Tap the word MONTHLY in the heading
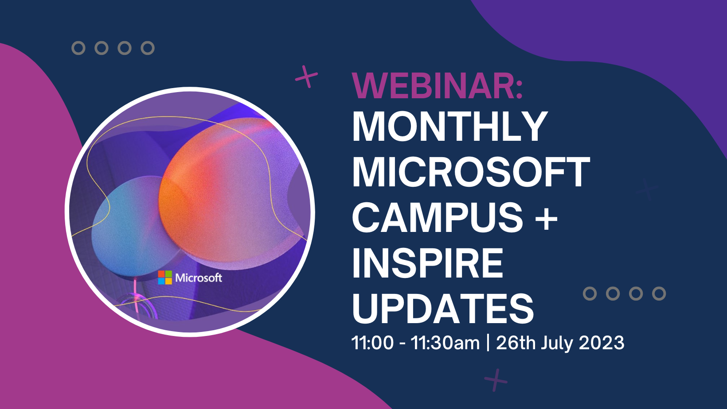tap(450, 127)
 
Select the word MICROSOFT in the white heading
tap(471, 173)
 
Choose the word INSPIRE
tap(427, 263)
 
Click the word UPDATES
tap(443, 309)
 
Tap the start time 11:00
tap(372, 343)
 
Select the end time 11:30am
tap(445, 343)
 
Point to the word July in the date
tap(557, 343)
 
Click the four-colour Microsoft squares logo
tap(165, 278)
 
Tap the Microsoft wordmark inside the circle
tap(199, 278)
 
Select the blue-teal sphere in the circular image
tap(129, 226)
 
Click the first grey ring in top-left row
tap(78, 48)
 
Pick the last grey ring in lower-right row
tap(659, 293)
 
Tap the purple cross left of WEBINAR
tap(307, 77)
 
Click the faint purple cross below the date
tap(496, 380)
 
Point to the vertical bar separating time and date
tap(488, 343)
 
